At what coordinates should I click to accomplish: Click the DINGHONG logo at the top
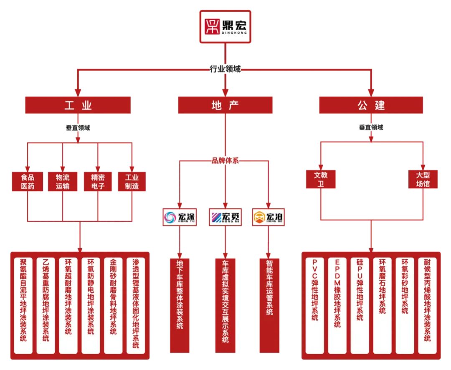click(225, 27)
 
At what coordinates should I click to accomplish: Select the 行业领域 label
click(225, 69)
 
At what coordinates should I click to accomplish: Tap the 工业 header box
click(78, 105)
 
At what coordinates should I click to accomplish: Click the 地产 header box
click(225, 105)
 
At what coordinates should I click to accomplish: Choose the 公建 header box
click(371, 105)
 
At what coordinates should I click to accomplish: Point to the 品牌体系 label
click(225, 160)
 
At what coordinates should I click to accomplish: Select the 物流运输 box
click(62, 182)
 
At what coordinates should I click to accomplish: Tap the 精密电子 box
click(97, 182)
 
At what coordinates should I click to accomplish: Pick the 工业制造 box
click(132, 182)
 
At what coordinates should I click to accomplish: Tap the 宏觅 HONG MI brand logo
click(224, 217)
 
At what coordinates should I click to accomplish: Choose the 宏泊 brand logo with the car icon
click(269, 217)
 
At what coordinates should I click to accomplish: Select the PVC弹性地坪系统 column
click(315, 305)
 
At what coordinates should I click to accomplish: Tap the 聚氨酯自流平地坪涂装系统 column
click(23, 305)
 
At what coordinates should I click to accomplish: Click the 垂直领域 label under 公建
click(371, 127)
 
